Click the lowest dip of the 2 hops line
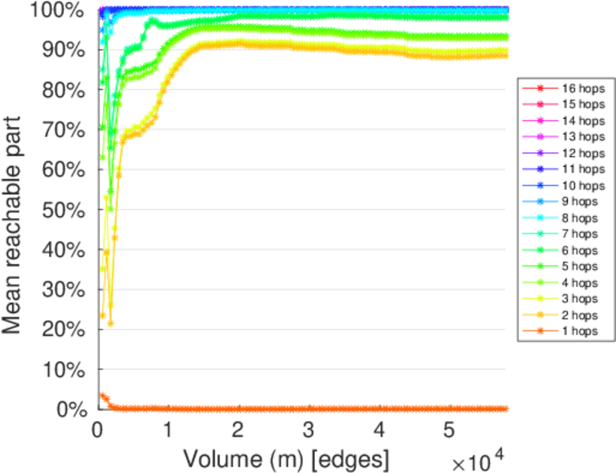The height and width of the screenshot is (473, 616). (111, 323)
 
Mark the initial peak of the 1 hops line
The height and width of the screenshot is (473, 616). (101, 395)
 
